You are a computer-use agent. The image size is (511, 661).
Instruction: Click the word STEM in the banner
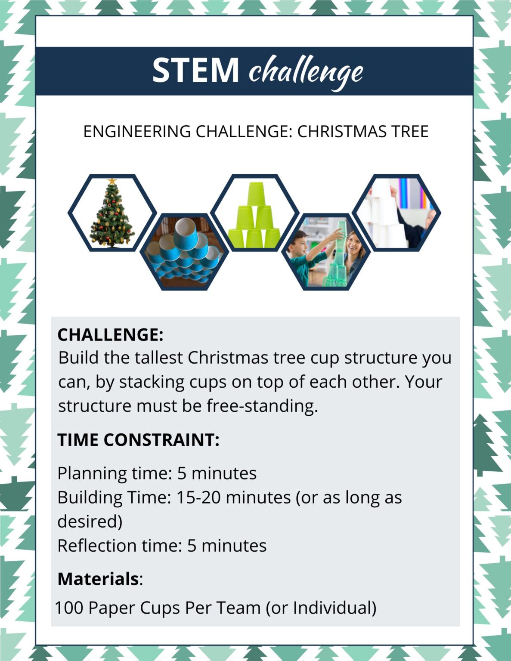[x=195, y=70]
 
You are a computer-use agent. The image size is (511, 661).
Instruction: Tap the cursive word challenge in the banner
[x=306, y=71]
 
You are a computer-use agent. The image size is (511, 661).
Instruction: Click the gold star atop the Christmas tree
[x=112, y=181]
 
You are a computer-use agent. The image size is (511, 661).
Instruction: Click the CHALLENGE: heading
[x=110, y=335]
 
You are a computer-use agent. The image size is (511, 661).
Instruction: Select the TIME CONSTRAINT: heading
[x=138, y=440]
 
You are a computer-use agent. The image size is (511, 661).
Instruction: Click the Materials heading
[x=98, y=579]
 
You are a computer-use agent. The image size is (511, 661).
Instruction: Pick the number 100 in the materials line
[x=69, y=608]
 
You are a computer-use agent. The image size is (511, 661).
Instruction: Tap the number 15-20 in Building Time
[x=199, y=497]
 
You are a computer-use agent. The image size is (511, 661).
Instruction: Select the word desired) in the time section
[x=90, y=522]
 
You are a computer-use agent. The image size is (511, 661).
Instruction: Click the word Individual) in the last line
[x=334, y=608]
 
